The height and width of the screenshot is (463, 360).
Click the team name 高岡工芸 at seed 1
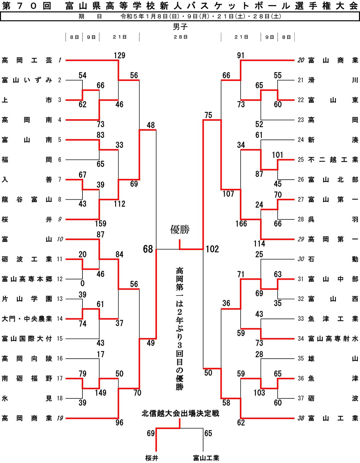tap(27, 60)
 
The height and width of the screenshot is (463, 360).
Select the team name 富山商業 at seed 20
tap(333, 60)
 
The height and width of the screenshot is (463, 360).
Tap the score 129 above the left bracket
tap(119, 55)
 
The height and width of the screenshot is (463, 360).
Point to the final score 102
tap(212, 249)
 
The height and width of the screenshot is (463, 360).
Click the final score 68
tap(148, 249)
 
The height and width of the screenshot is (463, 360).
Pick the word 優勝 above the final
tap(180, 229)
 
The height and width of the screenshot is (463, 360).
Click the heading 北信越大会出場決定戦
tap(180, 413)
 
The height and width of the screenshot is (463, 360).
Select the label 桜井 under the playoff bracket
tap(152, 458)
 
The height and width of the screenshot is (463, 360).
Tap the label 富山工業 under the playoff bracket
tap(206, 458)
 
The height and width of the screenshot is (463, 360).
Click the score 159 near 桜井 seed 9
tap(101, 223)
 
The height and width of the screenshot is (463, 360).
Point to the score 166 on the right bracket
tap(241, 223)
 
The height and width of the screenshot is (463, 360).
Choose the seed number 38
tap(301, 418)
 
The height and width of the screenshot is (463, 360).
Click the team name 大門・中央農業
tap(27, 319)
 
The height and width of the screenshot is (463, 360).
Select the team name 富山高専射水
tap(333, 339)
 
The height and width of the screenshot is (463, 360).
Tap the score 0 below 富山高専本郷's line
tap(82, 283)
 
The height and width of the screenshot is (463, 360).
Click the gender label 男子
tap(180, 27)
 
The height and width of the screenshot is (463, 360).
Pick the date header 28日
tap(181, 37)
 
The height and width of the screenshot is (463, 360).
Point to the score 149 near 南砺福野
tap(101, 393)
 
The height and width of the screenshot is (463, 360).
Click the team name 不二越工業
tap(333, 160)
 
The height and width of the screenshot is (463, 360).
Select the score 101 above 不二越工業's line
tap(277, 155)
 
